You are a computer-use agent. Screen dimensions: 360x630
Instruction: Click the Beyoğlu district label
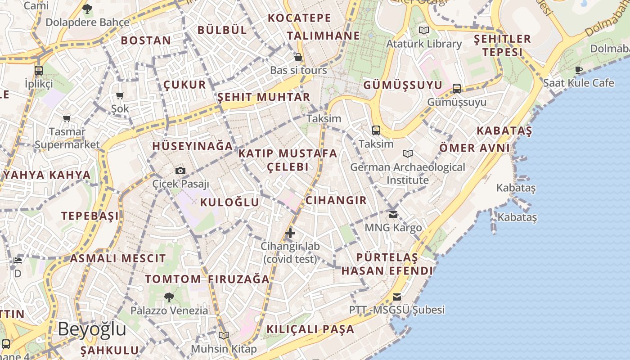[x=92, y=329]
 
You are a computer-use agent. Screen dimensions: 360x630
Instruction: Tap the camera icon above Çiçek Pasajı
[x=180, y=171]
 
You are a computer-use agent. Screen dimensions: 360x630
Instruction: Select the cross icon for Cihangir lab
[x=290, y=233]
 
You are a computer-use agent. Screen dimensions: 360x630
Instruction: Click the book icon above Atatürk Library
[x=424, y=31]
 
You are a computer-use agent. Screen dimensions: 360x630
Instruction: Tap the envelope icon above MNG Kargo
[x=393, y=215]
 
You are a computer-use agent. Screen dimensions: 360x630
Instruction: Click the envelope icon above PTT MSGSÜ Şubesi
[x=396, y=297]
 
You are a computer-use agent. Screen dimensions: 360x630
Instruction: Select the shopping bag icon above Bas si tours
[x=298, y=57]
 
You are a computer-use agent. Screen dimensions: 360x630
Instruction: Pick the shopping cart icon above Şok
[x=120, y=95]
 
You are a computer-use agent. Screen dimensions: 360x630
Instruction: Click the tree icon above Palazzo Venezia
[x=169, y=297]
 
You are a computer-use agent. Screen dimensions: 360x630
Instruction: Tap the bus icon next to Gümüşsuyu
[x=457, y=88]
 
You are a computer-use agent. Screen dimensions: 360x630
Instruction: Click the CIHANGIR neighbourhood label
[x=336, y=200]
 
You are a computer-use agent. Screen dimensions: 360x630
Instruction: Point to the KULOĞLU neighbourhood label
[x=229, y=202]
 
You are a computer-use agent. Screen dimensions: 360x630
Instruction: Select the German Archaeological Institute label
[x=408, y=173]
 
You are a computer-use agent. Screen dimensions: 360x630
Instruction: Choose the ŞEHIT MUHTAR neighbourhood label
[x=264, y=97]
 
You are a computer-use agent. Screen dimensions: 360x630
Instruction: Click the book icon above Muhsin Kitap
[x=224, y=335]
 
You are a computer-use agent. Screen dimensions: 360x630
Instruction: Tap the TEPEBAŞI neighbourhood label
[x=90, y=216]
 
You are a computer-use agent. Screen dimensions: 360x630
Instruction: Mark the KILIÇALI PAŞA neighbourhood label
[x=310, y=329]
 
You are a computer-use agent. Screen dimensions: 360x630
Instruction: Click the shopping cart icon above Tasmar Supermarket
[x=67, y=119]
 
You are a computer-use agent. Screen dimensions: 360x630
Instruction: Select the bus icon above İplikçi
[x=39, y=71]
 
